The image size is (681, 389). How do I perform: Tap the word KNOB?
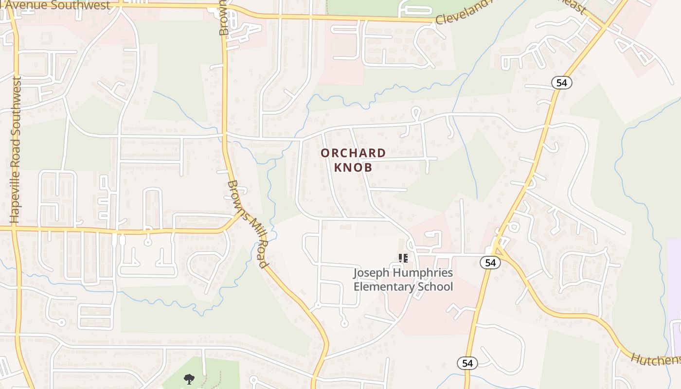(x=353, y=167)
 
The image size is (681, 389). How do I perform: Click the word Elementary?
(x=382, y=286)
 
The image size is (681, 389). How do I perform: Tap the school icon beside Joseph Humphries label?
(x=403, y=258)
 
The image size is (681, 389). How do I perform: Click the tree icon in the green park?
(x=189, y=379)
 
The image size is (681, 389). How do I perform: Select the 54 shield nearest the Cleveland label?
(x=562, y=83)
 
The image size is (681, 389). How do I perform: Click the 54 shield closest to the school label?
(x=490, y=263)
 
